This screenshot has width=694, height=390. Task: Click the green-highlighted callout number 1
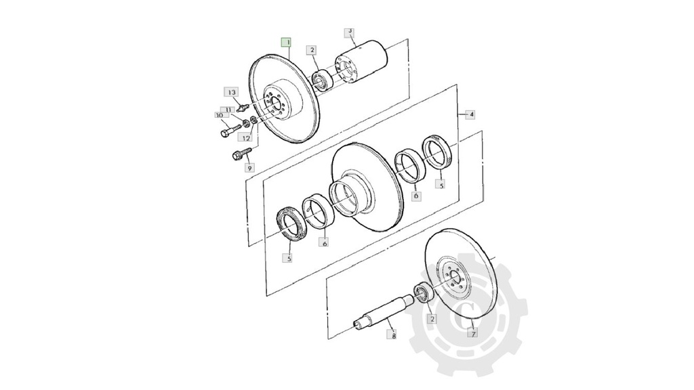[x=287, y=43]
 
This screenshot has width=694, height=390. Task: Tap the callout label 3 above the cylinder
[x=350, y=32]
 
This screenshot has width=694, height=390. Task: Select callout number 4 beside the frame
[x=471, y=114]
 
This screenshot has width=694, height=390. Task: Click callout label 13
[x=232, y=92]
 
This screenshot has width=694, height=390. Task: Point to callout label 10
[x=220, y=115]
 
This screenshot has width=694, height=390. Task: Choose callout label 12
[x=246, y=138]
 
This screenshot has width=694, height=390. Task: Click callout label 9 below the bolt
[x=249, y=168]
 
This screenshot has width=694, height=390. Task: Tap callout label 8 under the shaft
[x=394, y=336]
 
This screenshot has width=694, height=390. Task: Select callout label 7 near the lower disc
[x=474, y=334]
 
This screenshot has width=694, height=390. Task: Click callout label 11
[x=228, y=109]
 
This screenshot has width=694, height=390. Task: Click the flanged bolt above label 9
[x=241, y=154]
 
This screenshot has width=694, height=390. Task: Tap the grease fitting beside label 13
[x=243, y=106]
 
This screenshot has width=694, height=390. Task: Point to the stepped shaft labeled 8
[x=384, y=313]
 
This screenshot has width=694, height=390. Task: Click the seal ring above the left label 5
[x=291, y=224]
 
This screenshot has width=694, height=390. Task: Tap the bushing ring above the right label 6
[x=411, y=166]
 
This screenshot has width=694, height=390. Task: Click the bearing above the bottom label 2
[x=424, y=292]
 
